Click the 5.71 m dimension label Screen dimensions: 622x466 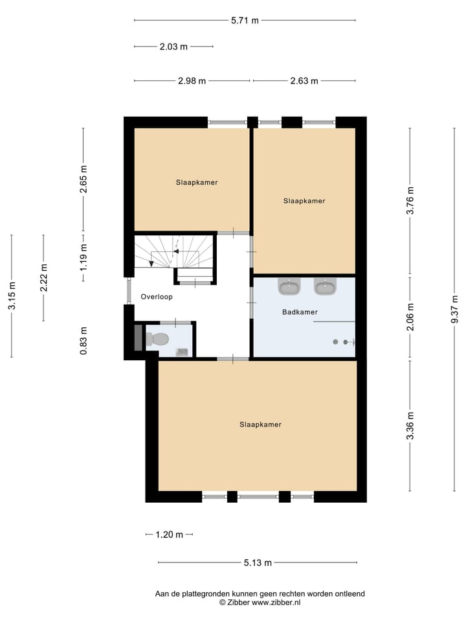(245, 20)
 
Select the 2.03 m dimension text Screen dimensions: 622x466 (173, 47)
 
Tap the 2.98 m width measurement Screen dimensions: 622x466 (192, 81)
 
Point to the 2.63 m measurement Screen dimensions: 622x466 (304, 81)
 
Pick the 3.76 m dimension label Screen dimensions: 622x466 (410, 201)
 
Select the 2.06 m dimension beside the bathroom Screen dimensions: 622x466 (410, 317)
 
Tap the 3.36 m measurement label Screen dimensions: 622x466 (410, 426)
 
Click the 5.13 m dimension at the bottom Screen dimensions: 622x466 (258, 562)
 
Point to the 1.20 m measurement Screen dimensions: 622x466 (169, 535)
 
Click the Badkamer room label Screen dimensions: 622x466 (300, 312)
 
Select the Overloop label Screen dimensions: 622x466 (157, 297)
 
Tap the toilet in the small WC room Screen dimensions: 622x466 (157, 339)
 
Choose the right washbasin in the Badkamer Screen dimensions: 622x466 (324, 286)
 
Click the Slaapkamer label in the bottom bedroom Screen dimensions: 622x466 (260, 425)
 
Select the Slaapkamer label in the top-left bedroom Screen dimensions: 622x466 (197, 183)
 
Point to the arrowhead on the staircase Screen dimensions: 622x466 (151, 263)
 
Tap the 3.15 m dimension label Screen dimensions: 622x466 (12, 295)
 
